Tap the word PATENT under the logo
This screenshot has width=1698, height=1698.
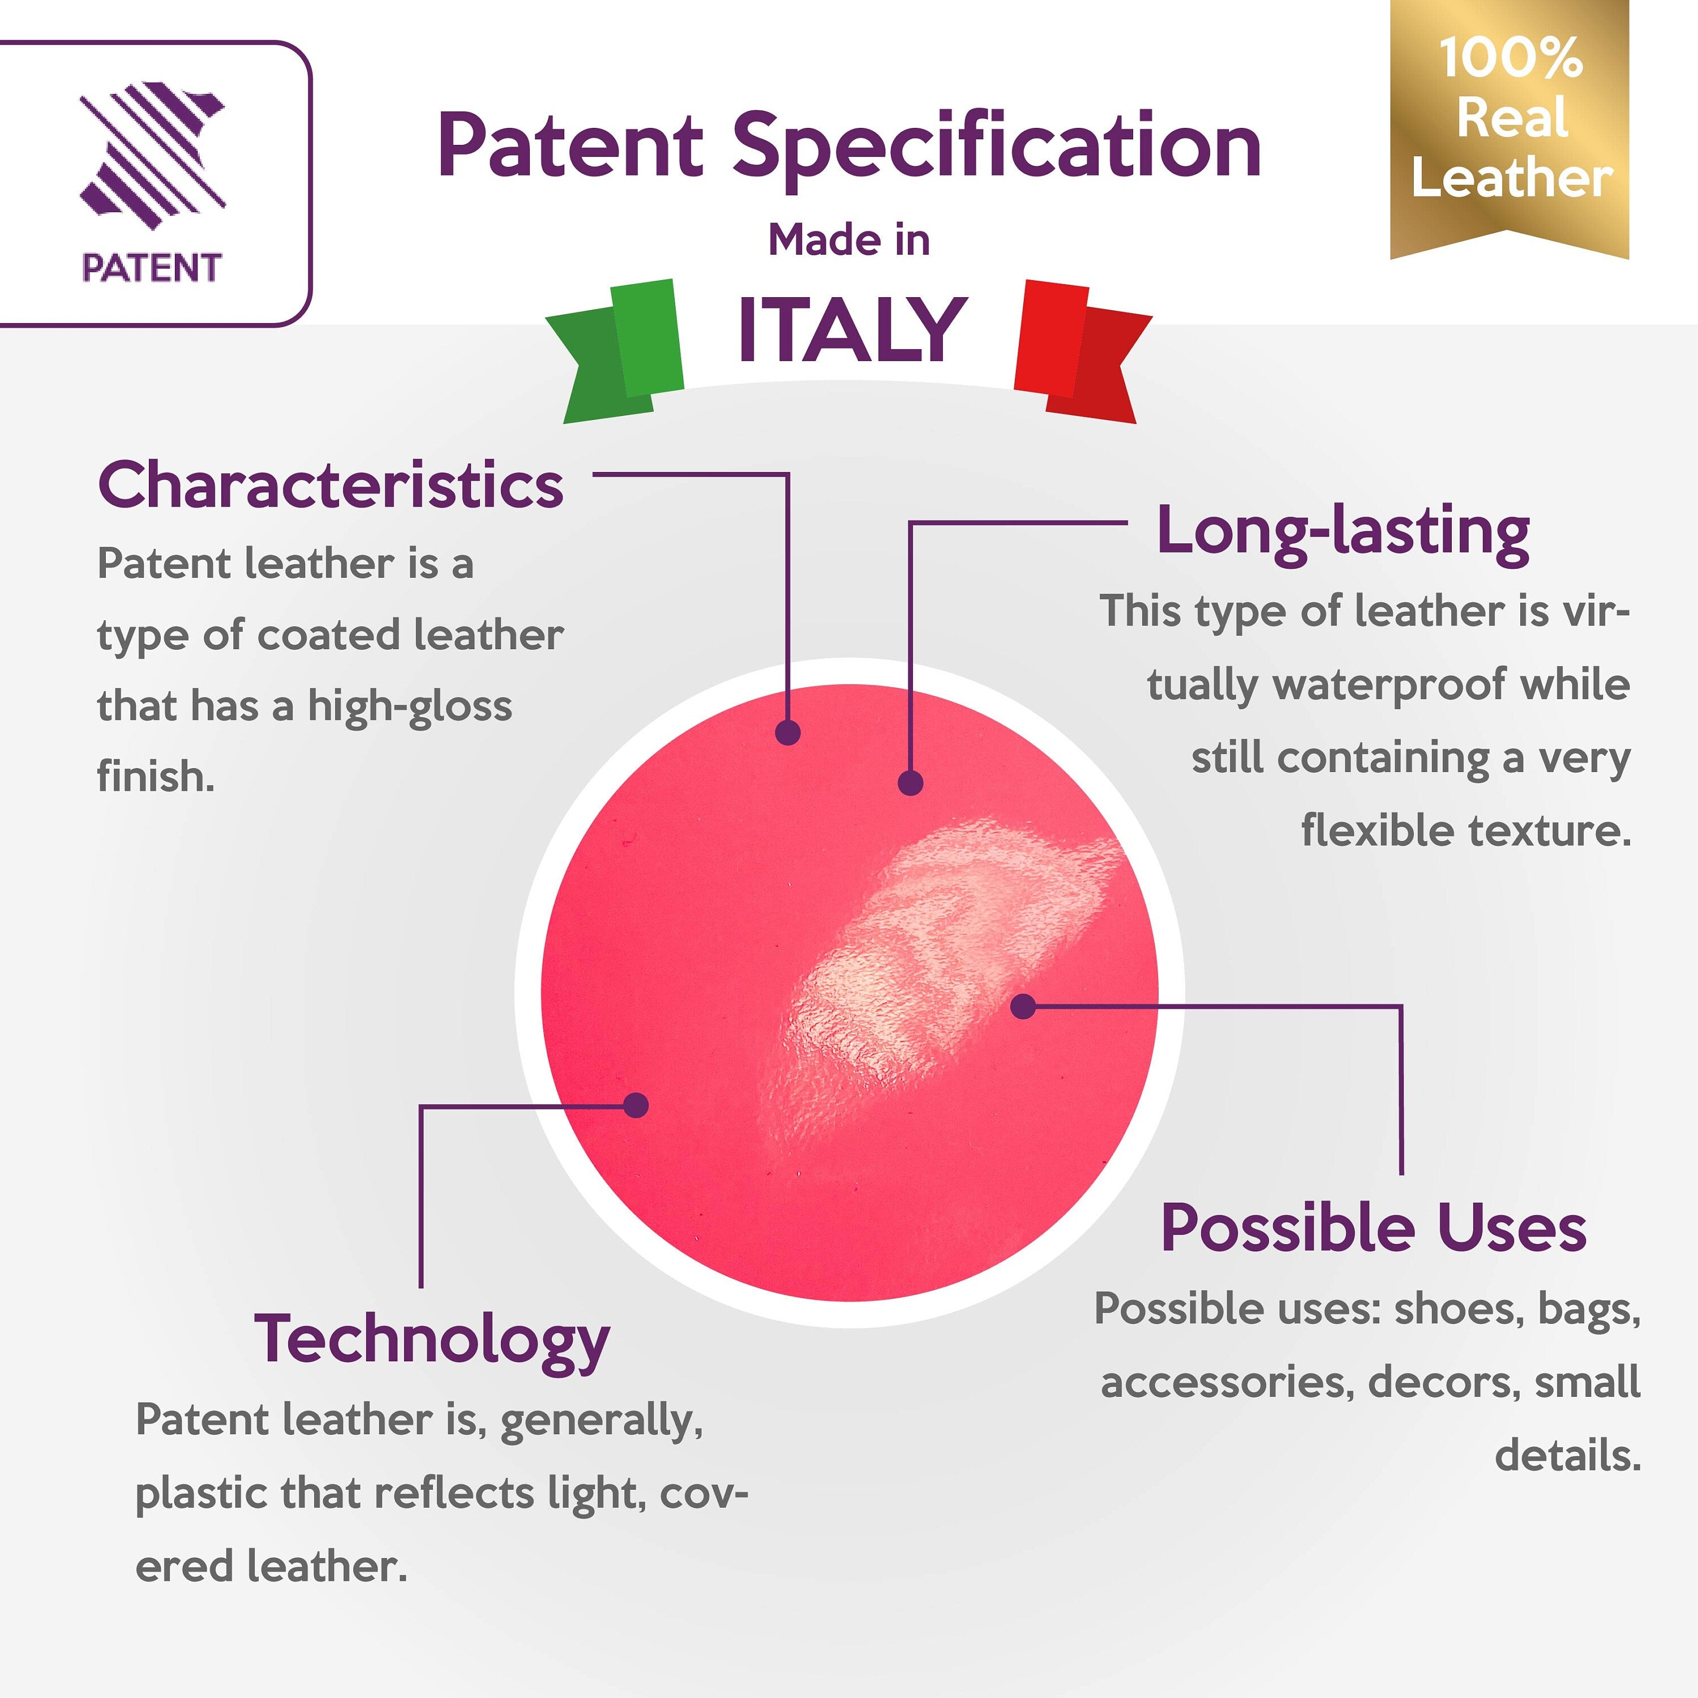[x=151, y=267]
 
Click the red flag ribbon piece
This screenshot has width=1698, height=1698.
[x=1082, y=351]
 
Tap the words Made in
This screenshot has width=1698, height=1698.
[x=849, y=240]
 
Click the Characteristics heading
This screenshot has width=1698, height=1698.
[x=331, y=484]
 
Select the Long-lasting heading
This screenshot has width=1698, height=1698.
[x=1343, y=533]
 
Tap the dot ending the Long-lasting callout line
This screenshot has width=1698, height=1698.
[x=911, y=782]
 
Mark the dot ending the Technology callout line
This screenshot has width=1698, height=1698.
[x=636, y=1105]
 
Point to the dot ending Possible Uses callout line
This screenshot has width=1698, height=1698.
[x=1022, y=1006]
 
